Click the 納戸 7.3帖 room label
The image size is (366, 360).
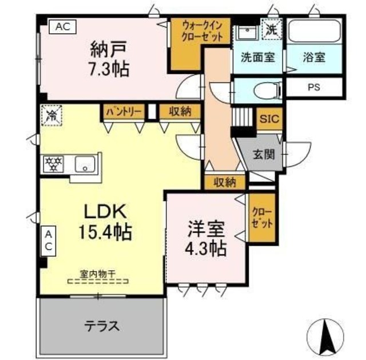coord(108,58)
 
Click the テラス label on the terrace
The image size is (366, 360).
coord(102,326)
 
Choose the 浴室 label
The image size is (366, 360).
coord(314,57)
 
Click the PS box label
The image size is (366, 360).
coord(314,88)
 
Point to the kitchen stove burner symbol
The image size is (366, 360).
coord(53,164)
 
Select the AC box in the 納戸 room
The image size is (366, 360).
coord(62,26)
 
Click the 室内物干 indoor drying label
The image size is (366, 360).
coord(98,274)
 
